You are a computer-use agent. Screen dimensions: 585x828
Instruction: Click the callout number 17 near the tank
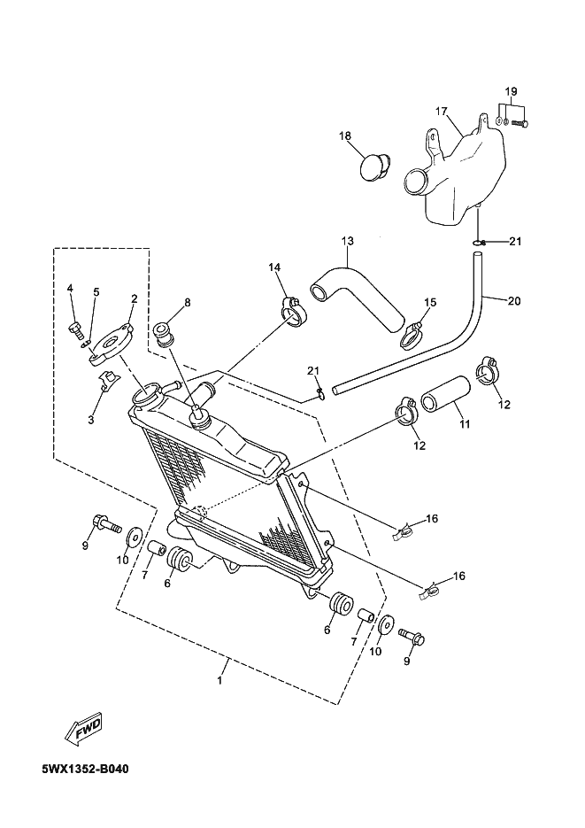pos(441,112)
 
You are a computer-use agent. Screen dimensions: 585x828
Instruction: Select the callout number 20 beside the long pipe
pos(514,301)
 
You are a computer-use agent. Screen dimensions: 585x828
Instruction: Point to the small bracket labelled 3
pos(108,381)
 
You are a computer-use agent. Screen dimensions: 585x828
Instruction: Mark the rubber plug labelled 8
pos(163,336)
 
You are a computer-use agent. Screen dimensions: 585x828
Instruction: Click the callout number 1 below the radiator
pos(220,681)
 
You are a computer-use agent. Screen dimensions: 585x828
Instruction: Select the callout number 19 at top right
pos(511,91)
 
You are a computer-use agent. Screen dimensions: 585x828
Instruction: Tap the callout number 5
pos(96,292)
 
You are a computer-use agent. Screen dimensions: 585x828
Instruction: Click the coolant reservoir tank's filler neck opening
pos(415,182)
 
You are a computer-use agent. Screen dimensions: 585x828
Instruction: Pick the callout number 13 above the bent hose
pos(348,241)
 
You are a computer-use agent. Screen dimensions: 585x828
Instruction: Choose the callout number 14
pos(274,267)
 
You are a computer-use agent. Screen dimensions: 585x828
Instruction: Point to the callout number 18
pos(345,136)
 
